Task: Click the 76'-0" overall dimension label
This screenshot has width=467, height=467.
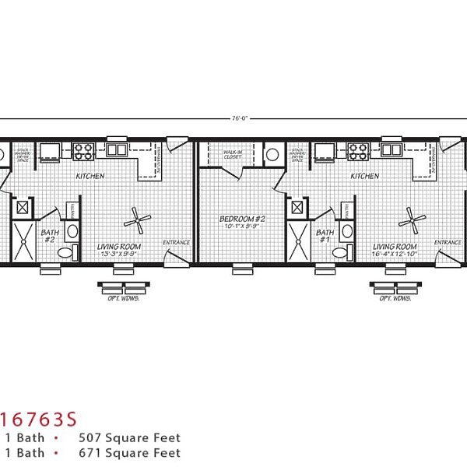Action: click(234, 118)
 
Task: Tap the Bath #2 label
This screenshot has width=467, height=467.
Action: click(49, 236)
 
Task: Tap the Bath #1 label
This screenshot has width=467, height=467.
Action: click(325, 236)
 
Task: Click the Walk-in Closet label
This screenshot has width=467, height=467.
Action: click(233, 154)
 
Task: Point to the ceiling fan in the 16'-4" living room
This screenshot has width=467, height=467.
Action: click(412, 220)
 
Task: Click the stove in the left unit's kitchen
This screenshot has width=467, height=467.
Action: click(83, 150)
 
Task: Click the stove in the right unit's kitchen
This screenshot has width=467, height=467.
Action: click(358, 150)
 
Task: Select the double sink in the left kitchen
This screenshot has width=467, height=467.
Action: click(118, 149)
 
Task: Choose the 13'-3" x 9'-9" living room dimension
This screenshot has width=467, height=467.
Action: click(118, 253)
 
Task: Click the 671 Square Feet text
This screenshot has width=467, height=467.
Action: click(129, 452)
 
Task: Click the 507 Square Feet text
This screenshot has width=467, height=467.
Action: click(129, 438)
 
